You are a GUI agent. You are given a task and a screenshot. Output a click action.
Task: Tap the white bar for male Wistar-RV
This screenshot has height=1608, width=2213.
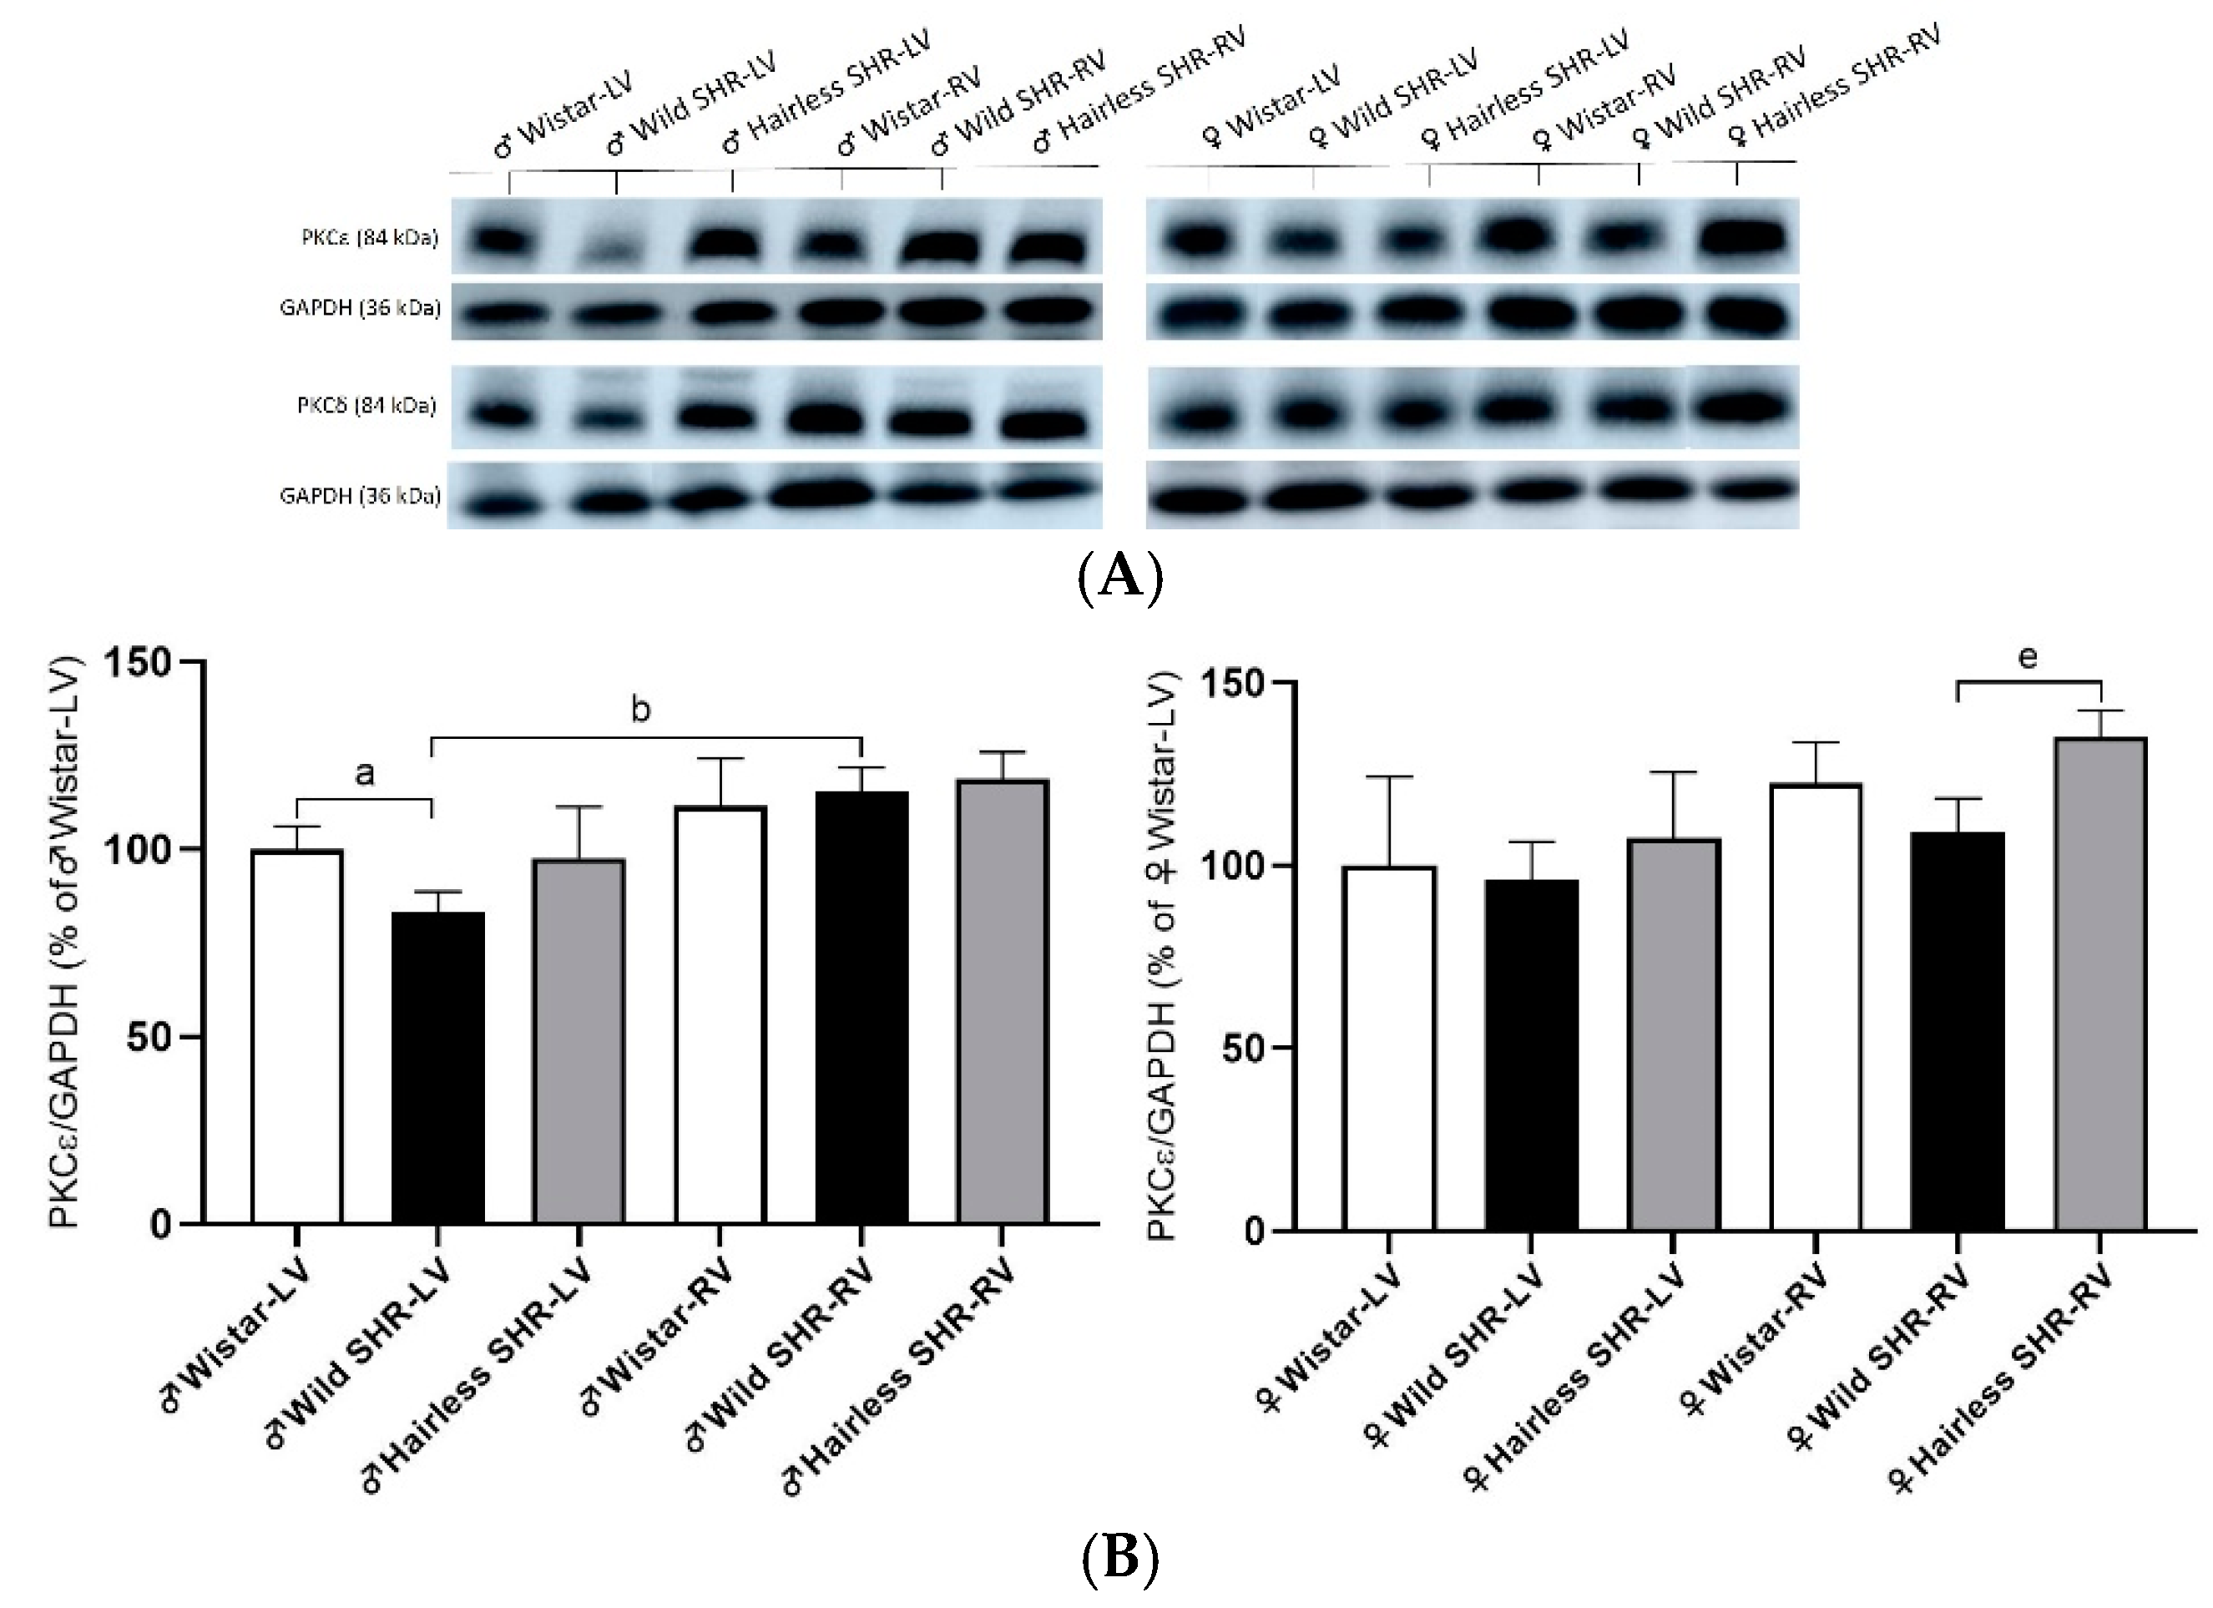pos(720,1014)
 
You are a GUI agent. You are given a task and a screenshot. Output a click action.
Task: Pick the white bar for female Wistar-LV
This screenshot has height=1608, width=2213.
pos(1388,1048)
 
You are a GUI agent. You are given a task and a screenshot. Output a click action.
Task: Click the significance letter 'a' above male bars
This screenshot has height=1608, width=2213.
pos(364,774)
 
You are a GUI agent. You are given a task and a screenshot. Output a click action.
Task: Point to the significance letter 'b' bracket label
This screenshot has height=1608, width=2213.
pos(640,710)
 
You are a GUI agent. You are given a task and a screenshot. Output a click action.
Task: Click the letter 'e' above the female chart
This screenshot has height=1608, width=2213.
pos(2028,658)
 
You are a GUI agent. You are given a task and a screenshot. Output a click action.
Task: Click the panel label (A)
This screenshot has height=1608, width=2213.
pos(1119,578)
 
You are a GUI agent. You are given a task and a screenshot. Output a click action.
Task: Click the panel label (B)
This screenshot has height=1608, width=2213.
pos(1119,1558)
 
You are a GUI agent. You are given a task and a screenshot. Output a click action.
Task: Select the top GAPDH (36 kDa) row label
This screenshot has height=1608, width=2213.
pos(359,308)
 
